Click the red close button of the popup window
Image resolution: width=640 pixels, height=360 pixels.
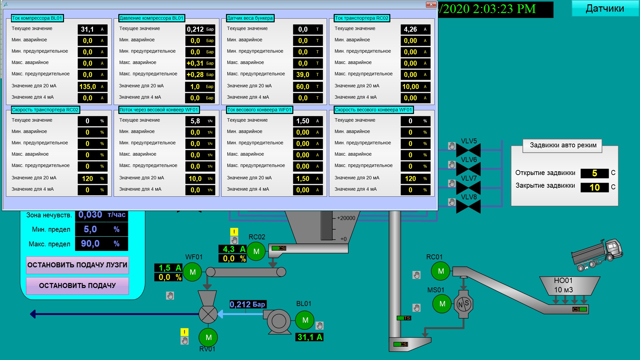click(x=431, y=4)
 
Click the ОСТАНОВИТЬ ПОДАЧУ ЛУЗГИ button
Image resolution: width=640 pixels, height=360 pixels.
click(x=77, y=265)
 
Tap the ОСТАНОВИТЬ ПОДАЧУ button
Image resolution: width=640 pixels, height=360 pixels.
click(x=77, y=286)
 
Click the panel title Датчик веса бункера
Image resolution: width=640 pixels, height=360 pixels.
click(x=250, y=18)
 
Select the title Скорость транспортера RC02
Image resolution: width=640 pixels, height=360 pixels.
click(x=45, y=110)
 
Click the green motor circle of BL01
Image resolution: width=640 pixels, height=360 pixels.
click(x=305, y=320)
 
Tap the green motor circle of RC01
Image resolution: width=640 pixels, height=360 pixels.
click(x=441, y=271)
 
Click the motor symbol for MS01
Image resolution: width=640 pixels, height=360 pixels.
click(x=442, y=304)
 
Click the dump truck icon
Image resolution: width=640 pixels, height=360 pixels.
click(x=597, y=255)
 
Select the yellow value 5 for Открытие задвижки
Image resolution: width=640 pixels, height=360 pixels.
click(x=595, y=173)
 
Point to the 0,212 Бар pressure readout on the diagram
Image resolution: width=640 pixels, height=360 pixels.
click(x=248, y=304)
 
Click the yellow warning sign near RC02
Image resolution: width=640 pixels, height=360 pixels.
click(x=234, y=232)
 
